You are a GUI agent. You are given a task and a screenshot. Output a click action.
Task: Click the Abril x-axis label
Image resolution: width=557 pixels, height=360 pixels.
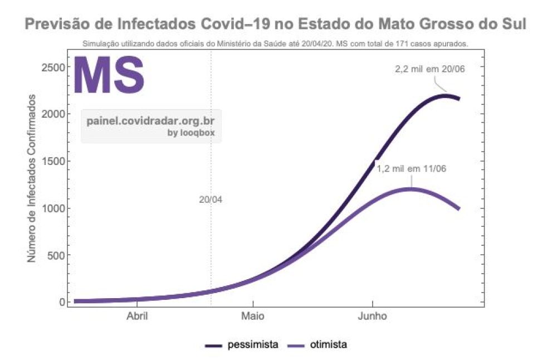[137, 317]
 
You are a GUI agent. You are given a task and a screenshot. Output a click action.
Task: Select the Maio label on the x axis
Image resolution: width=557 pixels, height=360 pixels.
[253, 317]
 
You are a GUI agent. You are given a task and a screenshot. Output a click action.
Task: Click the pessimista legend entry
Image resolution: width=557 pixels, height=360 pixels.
[252, 344]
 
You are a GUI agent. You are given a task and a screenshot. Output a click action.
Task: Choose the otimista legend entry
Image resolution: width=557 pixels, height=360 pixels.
[328, 344]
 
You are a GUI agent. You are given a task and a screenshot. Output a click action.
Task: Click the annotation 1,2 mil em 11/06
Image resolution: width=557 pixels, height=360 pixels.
[412, 168]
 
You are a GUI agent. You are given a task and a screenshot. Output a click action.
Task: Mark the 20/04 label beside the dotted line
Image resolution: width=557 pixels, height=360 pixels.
[211, 200]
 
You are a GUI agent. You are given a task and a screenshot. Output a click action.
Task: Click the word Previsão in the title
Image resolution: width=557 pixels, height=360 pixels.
[58, 25]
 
